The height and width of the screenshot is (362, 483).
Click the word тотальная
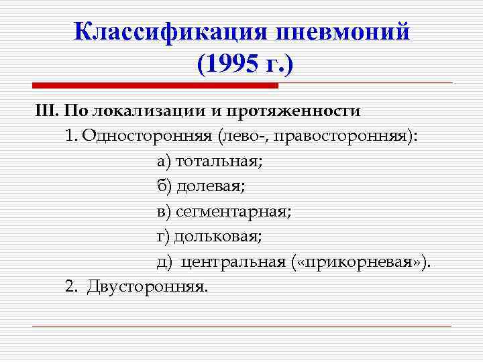(x=219, y=161)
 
